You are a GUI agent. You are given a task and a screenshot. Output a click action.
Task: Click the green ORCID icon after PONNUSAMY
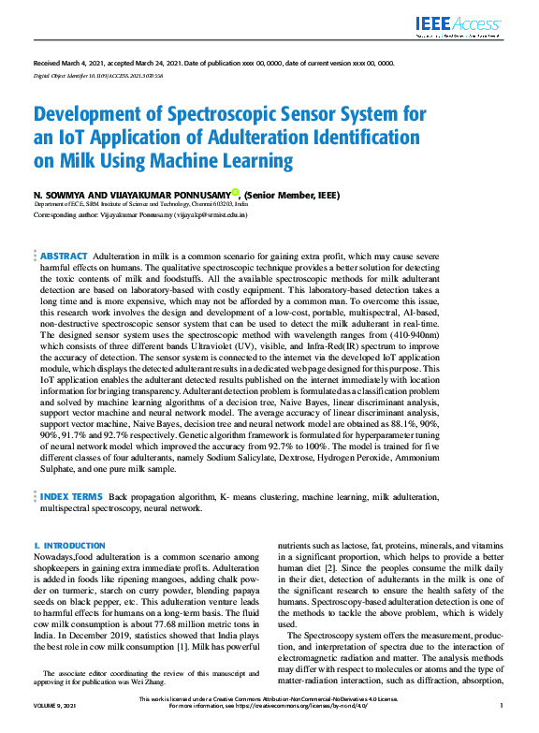click(x=236, y=193)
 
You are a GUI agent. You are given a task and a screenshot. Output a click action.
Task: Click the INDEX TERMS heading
click(x=71, y=495)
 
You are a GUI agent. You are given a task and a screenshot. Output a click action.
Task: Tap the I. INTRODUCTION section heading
click(x=69, y=545)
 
